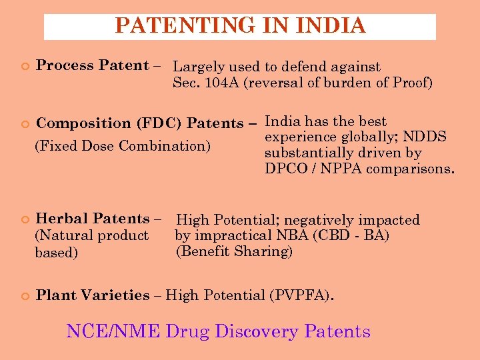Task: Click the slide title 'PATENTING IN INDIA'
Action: [240, 26]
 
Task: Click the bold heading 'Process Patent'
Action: [92, 65]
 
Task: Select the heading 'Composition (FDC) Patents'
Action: [140, 123]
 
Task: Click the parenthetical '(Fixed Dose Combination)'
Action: [122, 145]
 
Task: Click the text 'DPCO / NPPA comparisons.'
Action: [359, 169]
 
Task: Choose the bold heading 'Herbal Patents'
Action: [93, 219]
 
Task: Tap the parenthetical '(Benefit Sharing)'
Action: [234, 252]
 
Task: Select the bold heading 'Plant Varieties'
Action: [93, 295]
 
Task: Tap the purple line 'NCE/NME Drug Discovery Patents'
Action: [218, 331]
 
